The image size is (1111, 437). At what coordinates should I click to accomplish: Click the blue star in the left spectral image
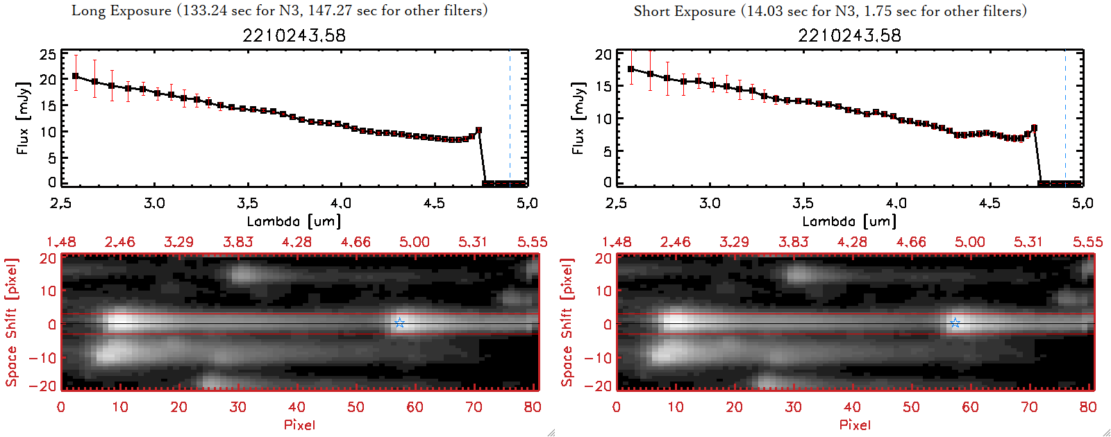click(x=399, y=323)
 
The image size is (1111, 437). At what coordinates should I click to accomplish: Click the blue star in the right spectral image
click(x=955, y=323)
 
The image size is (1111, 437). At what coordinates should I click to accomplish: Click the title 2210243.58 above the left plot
click(x=294, y=35)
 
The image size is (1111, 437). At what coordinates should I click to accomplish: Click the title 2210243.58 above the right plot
click(x=849, y=35)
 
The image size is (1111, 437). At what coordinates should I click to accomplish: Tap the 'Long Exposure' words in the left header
click(x=122, y=10)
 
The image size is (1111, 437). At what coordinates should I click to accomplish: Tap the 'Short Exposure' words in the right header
click(x=684, y=11)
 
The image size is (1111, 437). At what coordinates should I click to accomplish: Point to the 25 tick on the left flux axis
click(x=48, y=55)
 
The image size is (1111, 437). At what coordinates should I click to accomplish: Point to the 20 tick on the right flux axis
click(x=603, y=55)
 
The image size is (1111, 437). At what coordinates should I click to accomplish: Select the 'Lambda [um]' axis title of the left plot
click(x=294, y=221)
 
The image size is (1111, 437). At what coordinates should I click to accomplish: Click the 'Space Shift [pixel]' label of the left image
click(x=12, y=323)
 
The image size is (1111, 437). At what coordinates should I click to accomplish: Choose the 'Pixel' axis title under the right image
click(x=855, y=425)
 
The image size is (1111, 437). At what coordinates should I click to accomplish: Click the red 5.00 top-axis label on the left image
click(x=414, y=242)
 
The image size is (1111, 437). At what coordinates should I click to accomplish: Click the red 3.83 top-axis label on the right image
click(x=793, y=242)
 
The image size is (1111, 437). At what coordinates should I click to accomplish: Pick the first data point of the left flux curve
click(x=76, y=76)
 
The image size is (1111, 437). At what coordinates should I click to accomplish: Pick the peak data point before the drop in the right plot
click(x=1034, y=128)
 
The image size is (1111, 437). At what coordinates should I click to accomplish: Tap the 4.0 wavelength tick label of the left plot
click(x=341, y=203)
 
